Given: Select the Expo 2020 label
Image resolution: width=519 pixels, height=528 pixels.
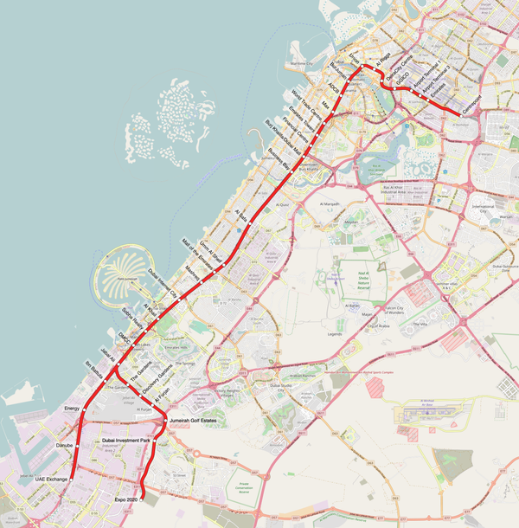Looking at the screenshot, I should [126, 500].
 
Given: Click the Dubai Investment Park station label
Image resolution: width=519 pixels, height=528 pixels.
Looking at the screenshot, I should [126, 441].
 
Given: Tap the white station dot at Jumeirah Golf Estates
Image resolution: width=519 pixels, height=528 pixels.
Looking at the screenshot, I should [165, 421].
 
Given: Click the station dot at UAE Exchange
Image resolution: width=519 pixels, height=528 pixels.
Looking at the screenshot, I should [72, 478].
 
